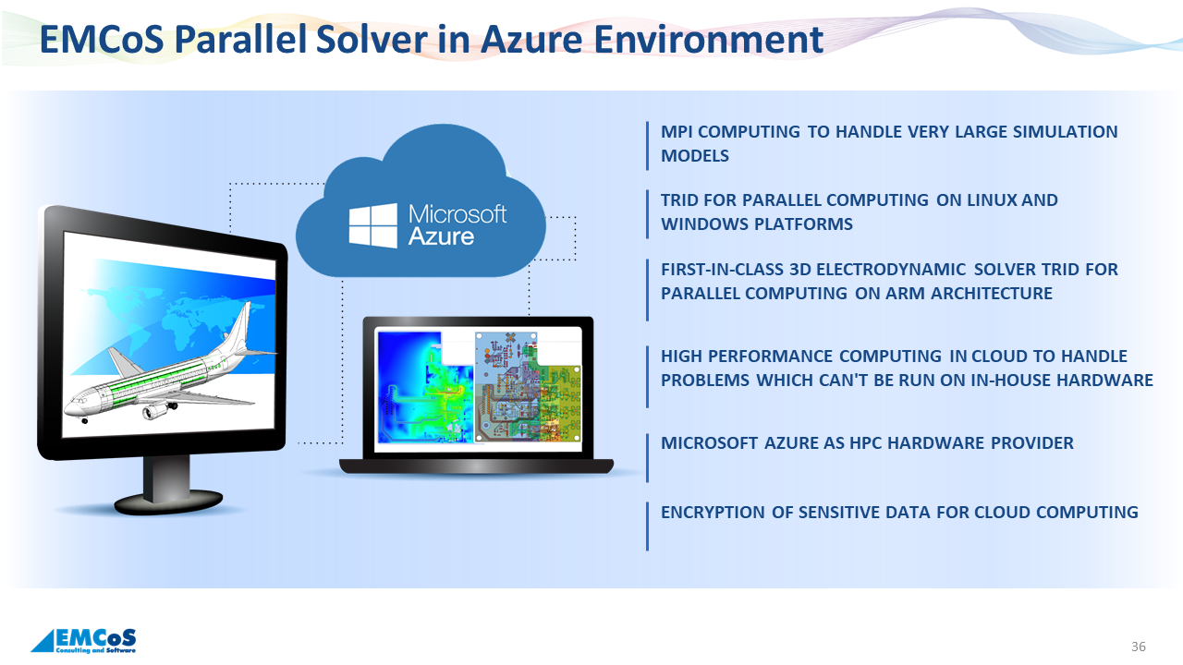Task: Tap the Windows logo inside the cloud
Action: (372, 225)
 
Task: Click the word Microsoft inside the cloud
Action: (457, 214)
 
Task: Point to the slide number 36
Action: (1139, 647)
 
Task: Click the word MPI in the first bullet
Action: (678, 132)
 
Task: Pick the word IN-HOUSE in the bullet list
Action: (1017, 381)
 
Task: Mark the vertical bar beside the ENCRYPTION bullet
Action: (647, 526)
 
